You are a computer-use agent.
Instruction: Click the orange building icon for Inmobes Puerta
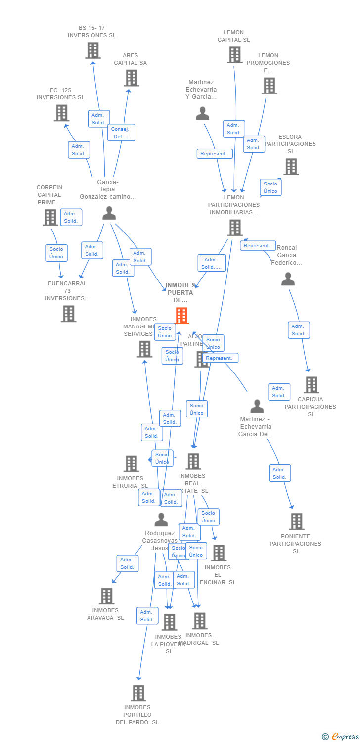181,315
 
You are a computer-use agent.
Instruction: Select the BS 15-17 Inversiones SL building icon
92,50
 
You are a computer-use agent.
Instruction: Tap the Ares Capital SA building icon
131,78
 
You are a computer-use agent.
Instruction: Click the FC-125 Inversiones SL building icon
61,113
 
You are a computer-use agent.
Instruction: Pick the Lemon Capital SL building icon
234,55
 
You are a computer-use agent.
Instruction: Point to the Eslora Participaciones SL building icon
291,167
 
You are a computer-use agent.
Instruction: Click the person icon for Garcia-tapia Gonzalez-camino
109,213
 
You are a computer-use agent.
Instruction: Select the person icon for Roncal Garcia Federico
288,279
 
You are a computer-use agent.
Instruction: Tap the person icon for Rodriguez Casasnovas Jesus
161,520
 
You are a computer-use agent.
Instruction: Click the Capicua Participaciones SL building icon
311,384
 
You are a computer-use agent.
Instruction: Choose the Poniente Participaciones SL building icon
296,521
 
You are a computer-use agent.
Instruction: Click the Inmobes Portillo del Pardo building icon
138,693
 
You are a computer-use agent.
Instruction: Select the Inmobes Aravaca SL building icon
106,596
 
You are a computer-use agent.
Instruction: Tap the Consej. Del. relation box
121,133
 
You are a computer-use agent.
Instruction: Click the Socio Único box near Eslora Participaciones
270,187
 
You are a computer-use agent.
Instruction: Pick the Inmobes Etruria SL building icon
131,464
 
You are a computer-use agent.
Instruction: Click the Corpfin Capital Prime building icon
50,217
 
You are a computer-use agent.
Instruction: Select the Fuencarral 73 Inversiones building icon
68,313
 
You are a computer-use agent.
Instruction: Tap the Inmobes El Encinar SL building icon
219,553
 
